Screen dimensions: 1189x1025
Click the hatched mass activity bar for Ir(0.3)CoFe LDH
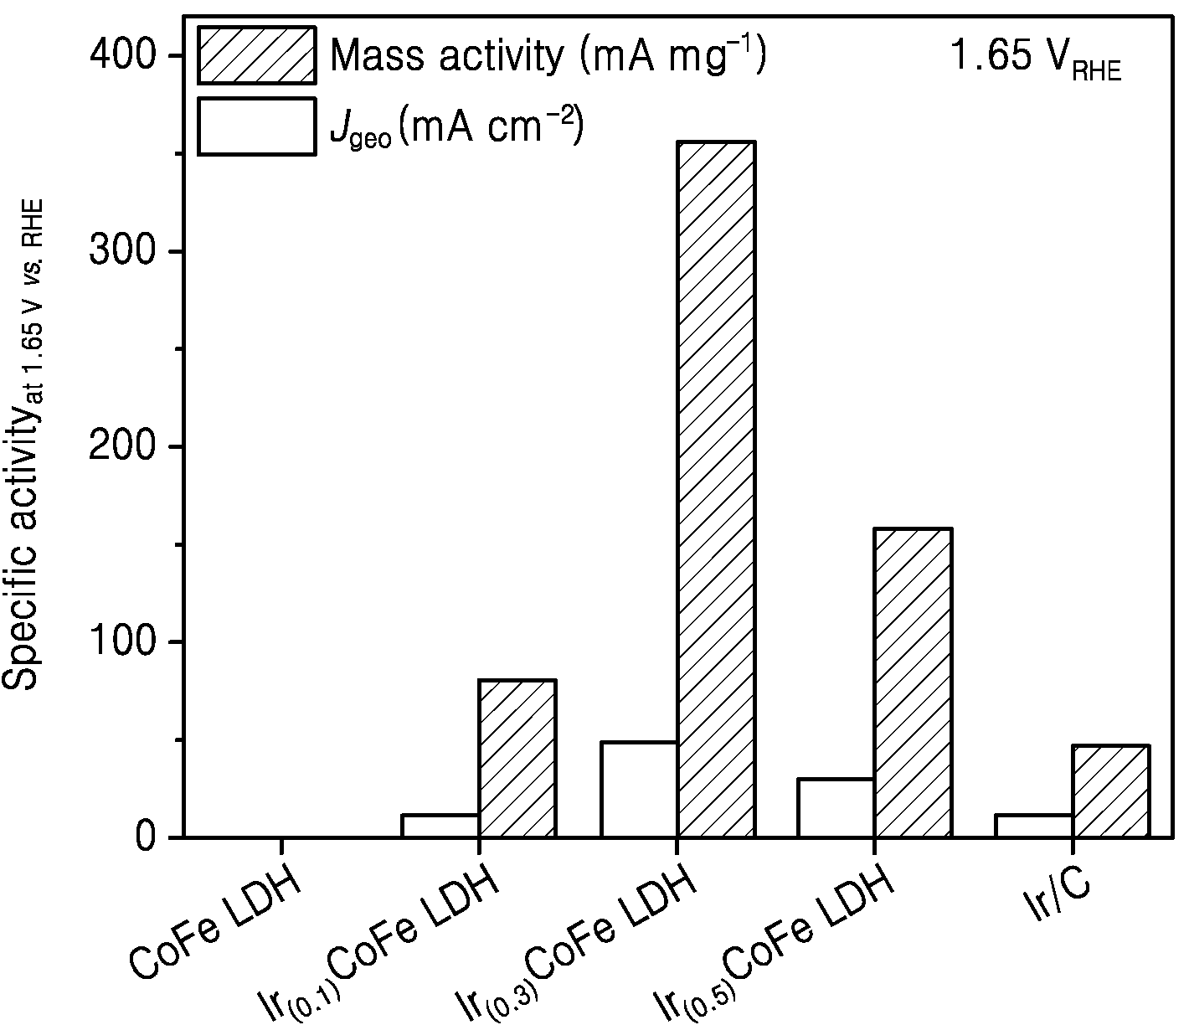716,488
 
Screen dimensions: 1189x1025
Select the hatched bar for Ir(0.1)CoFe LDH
517,758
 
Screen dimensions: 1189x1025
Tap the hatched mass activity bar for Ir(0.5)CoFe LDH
914,682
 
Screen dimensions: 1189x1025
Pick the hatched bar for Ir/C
1111,791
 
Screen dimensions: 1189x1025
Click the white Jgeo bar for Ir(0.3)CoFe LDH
639,789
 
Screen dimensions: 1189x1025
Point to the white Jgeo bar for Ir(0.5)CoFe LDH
836,807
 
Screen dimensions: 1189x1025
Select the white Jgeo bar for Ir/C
1034,826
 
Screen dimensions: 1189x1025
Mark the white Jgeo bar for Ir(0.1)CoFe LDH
440,826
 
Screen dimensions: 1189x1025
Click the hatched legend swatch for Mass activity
256,55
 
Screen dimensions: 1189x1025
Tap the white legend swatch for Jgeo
256,126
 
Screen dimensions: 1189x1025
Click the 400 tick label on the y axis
123,55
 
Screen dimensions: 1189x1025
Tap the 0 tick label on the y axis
146,837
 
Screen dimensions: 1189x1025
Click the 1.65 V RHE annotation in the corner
1036,59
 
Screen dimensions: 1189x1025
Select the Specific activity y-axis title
22,445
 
